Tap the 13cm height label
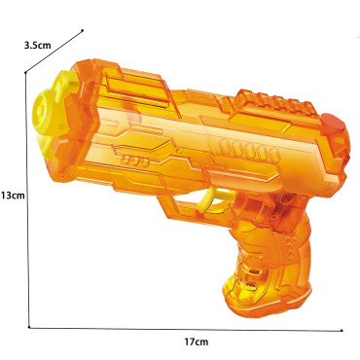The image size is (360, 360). (12, 195)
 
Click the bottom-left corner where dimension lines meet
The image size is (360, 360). (29, 325)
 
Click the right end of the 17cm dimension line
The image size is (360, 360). (342, 329)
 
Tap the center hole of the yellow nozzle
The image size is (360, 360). (43, 108)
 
